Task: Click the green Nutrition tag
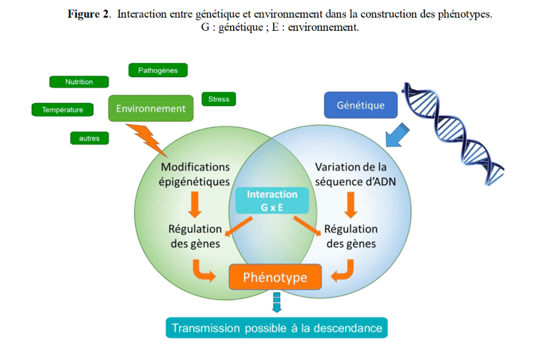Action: tap(79, 82)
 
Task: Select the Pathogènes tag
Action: tap(158, 70)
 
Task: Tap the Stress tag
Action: tap(218, 99)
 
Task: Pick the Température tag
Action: tap(62, 109)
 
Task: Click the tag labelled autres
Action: tap(89, 138)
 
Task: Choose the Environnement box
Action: tap(151, 109)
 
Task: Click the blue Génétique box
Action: tap(361, 105)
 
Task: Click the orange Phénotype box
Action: tap(275, 277)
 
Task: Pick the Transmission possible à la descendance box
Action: tap(277, 328)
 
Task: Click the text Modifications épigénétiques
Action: tap(195, 174)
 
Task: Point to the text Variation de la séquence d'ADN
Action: tap(351, 174)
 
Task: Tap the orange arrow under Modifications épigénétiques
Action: tap(196, 204)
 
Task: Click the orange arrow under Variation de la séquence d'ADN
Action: tap(351, 204)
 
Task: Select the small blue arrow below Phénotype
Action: tap(276, 303)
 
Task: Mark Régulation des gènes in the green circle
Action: tap(195, 236)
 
